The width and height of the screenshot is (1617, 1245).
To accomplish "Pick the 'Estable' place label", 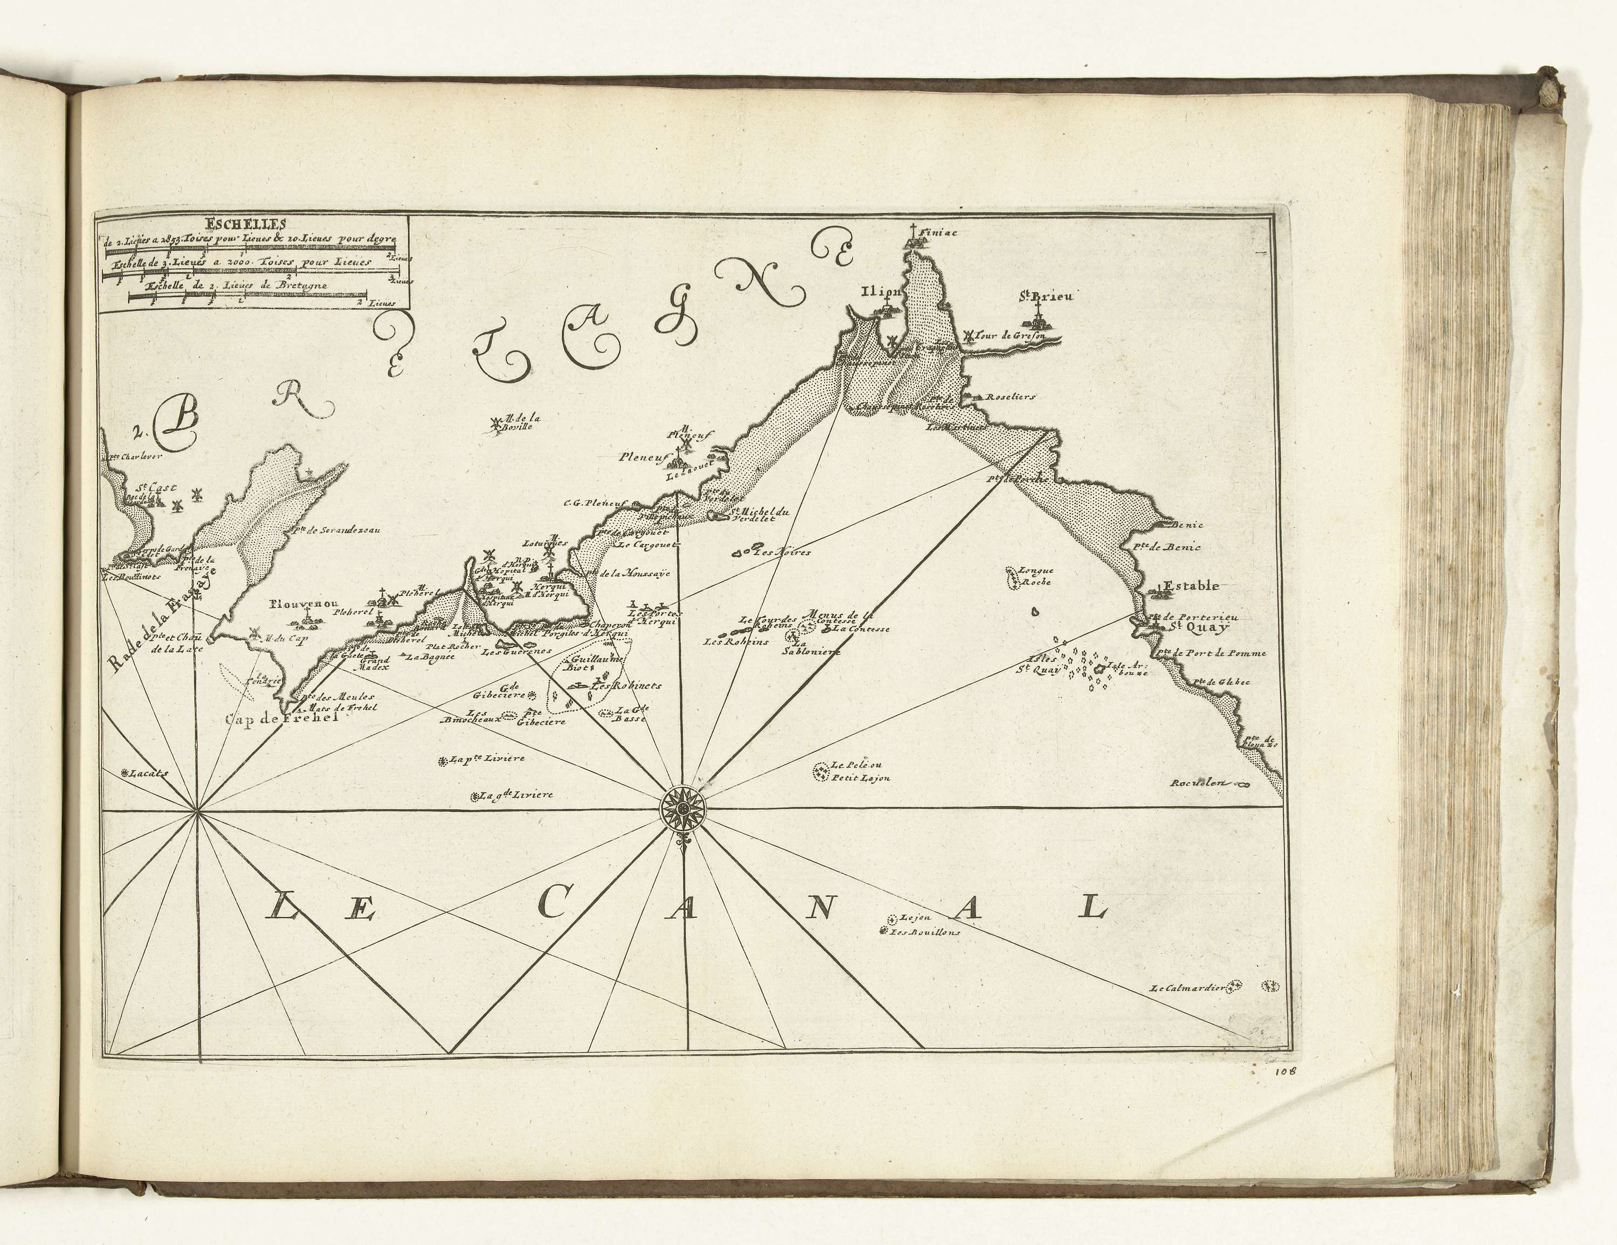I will coord(1191,586).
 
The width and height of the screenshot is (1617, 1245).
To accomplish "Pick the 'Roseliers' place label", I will coord(1010,396).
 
